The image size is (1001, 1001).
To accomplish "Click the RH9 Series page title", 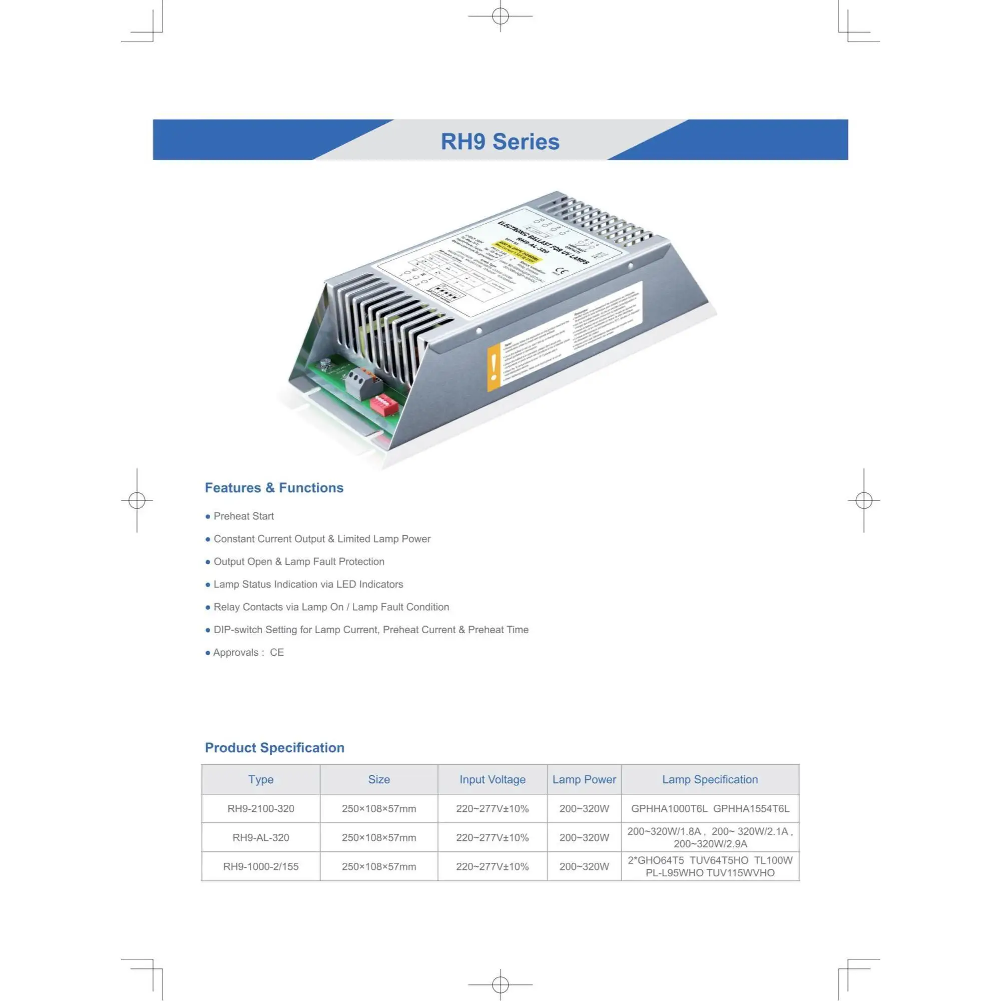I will (x=500, y=142).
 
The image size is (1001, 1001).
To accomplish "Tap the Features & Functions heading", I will (x=274, y=487).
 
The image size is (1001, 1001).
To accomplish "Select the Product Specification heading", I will (x=275, y=748).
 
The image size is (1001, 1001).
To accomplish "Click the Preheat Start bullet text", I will (x=244, y=516).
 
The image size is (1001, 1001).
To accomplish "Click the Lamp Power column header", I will (x=584, y=779).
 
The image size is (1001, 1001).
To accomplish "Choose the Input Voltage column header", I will (x=492, y=779).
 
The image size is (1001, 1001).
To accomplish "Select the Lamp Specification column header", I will (x=710, y=779).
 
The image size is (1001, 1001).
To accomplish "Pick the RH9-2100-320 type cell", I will (x=261, y=809).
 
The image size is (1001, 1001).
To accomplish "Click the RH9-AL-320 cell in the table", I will (x=261, y=837).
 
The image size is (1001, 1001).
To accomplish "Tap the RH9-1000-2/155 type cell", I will (x=261, y=866).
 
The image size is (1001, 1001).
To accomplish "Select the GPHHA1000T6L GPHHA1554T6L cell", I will (x=710, y=809).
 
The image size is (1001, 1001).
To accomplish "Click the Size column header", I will (x=379, y=779).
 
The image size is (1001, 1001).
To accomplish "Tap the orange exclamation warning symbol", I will (x=494, y=367).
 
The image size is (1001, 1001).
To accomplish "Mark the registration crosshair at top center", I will (x=500, y=16).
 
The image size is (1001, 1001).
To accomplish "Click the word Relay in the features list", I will (x=227, y=607).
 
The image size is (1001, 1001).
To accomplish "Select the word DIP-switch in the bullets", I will (x=238, y=630).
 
